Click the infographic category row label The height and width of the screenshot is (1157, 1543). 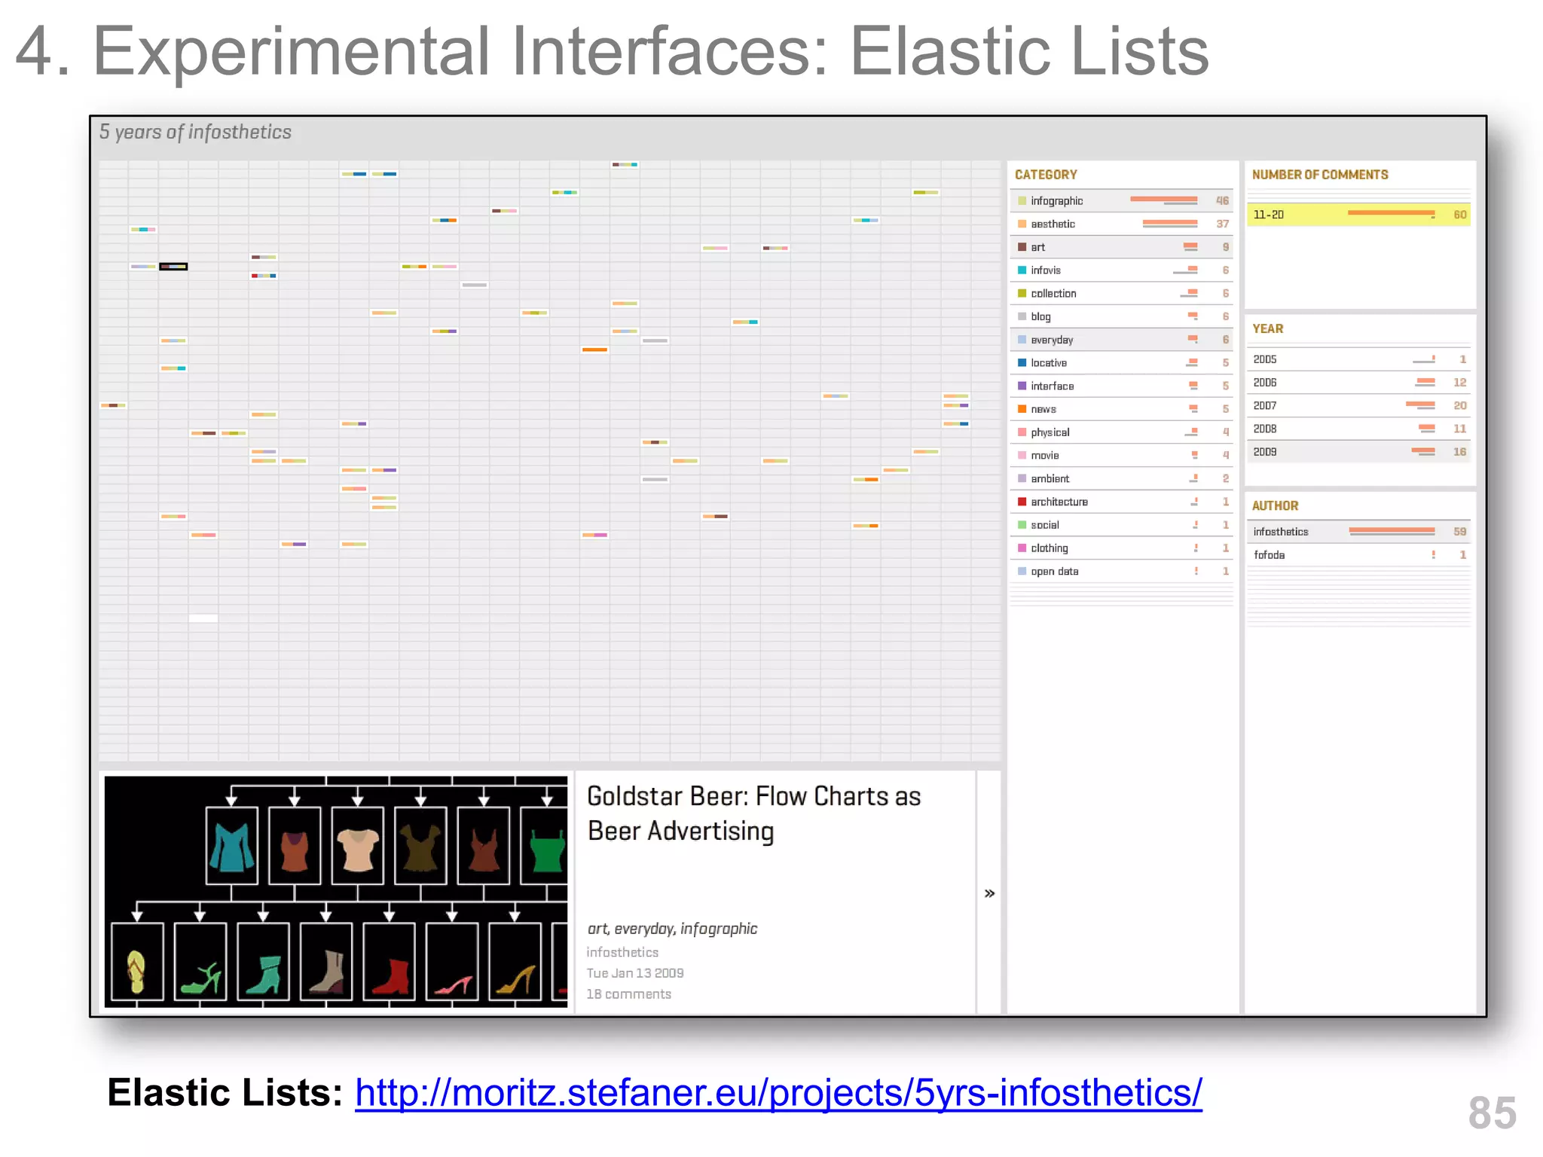tap(1056, 201)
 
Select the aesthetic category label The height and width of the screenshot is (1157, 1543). tap(1053, 224)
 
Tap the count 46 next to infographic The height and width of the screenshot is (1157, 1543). tap(1221, 201)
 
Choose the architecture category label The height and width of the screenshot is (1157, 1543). tap(1059, 502)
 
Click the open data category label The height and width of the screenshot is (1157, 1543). tap(1054, 572)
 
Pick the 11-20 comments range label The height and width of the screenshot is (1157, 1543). tap(1268, 215)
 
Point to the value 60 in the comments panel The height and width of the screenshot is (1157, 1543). tap(1459, 215)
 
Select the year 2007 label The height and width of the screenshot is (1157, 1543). tap(1264, 406)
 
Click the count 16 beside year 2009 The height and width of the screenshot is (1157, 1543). tap(1459, 452)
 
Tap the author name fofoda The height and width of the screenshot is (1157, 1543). tap(1269, 555)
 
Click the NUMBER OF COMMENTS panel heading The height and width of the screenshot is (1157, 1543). tap(1319, 175)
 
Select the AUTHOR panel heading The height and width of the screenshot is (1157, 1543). tap(1275, 506)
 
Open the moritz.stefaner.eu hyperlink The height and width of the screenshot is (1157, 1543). tap(778, 1093)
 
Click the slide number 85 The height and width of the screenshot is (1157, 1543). tap(1492, 1113)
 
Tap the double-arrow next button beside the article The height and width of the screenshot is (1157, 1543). tap(989, 893)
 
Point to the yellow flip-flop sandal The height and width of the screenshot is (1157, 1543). tap(136, 972)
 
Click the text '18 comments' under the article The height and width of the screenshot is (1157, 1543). tap(628, 994)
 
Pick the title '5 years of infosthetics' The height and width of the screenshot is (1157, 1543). tap(195, 133)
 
